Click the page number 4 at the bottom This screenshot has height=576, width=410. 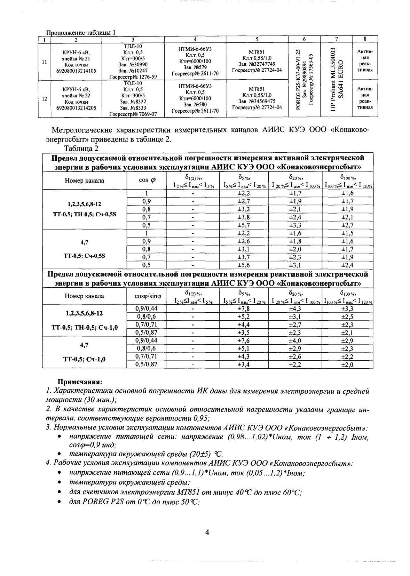pyautogui.click(x=207, y=532)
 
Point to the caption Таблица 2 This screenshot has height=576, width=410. pyautogui.click(x=81, y=149)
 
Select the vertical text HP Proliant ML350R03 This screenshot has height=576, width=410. pyautogui.click(x=333, y=79)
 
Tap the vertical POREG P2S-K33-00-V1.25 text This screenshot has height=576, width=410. pyautogui.click(x=298, y=80)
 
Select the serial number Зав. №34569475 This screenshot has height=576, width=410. pyautogui.click(x=257, y=101)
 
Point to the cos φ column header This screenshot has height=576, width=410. pyautogui.click(x=146, y=180)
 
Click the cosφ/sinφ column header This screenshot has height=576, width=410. pyautogui.click(x=146, y=296)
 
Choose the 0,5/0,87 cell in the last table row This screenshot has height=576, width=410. pyautogui.click(x=146, y=364)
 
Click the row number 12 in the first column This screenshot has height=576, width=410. pyautogui.click(x=45, y=99)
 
